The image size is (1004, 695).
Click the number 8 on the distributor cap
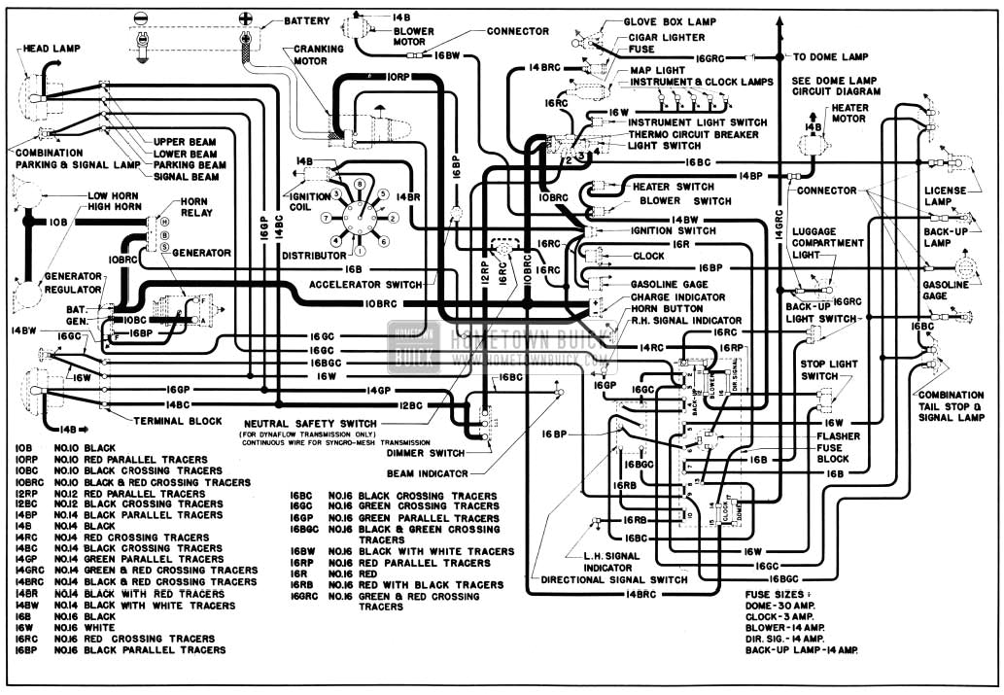358,183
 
